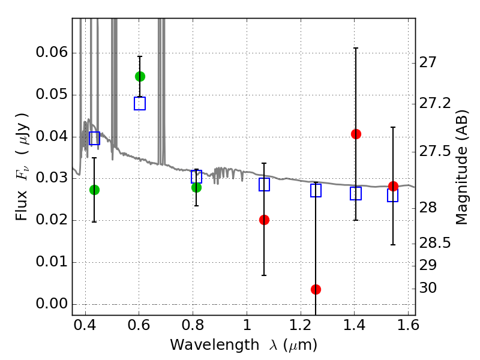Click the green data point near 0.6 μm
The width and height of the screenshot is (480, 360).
coord(140,76)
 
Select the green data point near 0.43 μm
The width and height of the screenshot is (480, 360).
coord(94,190)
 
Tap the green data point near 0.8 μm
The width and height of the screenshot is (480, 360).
coord(196,187)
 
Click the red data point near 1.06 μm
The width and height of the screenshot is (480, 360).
coord(264,220)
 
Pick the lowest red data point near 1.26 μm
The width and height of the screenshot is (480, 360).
coord(316,289)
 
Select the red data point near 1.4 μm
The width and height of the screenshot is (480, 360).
coord(356,134)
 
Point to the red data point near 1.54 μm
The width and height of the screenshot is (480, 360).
coord(393,186)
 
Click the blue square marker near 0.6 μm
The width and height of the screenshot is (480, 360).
coord(140,103)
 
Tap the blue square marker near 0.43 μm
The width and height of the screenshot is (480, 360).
coord(94,138)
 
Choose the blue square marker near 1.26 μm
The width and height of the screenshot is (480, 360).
coord(316,190)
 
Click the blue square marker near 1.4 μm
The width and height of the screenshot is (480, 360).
coord(356,193)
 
